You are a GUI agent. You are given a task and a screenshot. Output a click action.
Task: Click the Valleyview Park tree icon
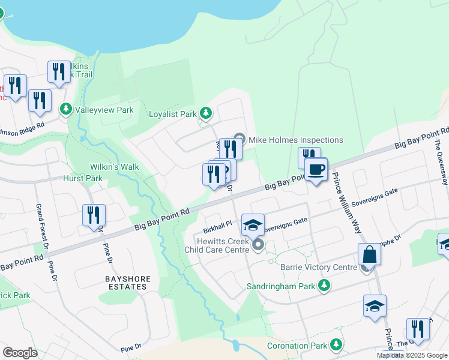tap(66, 110)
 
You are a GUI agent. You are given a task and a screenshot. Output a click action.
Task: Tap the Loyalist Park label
tap(173, 113)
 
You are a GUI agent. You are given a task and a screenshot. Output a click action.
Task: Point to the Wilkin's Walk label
tap(114, 167)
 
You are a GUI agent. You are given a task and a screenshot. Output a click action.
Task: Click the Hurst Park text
tap(83, 178)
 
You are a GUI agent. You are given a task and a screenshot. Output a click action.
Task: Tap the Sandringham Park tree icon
tap(324, 286)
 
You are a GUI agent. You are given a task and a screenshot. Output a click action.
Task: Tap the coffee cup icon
tap(316, 169)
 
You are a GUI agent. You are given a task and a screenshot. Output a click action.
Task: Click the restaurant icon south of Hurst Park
tap(94, 215)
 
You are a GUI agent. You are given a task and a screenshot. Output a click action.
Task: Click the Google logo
tap(20, 353)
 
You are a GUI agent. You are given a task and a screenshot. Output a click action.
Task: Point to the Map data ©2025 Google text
tap(412, 355)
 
